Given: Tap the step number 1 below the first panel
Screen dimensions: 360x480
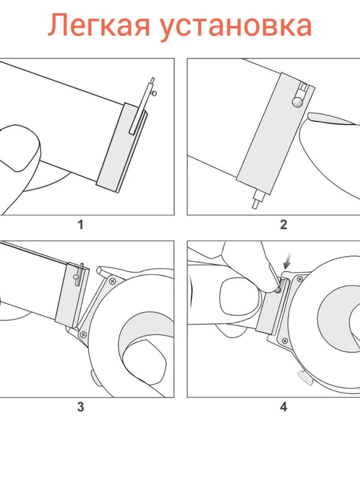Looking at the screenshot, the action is coord(81,225).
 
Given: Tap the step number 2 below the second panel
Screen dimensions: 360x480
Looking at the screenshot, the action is coord(283,225).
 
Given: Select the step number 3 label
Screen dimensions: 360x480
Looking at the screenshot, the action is coord(80,407).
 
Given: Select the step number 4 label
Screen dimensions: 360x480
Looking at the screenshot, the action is coord(283,407).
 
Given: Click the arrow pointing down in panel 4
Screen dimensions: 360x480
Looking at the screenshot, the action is coord(288,261).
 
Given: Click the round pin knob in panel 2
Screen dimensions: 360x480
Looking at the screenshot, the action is coord(297,101).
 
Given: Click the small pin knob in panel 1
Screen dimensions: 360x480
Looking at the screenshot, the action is coord(155,93).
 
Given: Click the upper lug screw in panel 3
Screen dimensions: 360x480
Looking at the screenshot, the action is coord(113,280).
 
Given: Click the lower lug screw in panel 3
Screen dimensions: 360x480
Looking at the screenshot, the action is coord(83,334).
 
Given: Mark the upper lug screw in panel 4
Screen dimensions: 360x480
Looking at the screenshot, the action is coord(300,279).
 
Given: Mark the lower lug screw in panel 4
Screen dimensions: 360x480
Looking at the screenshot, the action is coord(285,341).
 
